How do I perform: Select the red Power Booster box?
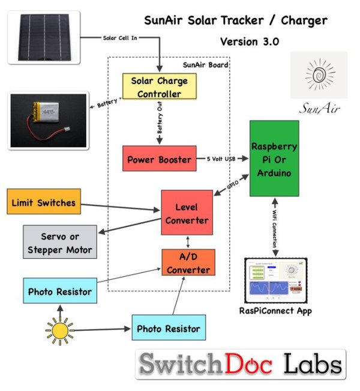click(159, 160)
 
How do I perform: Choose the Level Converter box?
click(187, 213)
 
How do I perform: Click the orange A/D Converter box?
click(188, 262)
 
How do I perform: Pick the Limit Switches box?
click(43, 203)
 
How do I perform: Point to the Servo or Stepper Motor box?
click(59, 242)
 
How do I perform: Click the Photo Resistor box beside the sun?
click(168, 329)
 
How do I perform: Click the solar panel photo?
click(44, 37)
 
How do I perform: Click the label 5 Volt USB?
click(219, 159)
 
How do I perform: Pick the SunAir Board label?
click(205, 65)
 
